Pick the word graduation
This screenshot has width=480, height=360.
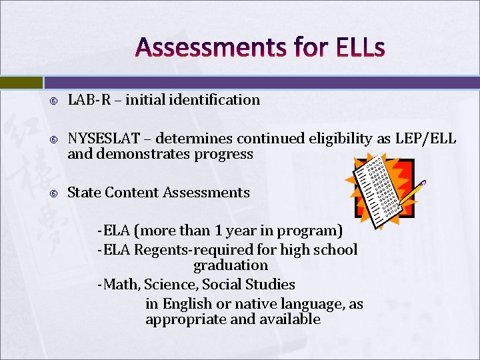pyautogui.click(x=230, y=265)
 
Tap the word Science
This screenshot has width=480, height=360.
pyautogui.click(x=171, y=285)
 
